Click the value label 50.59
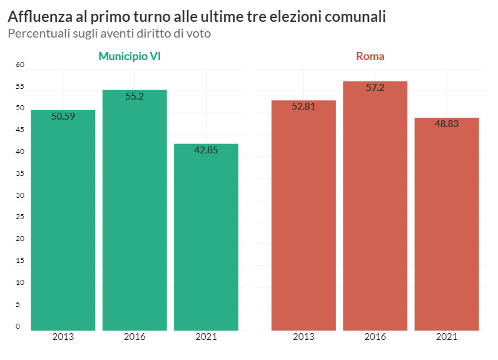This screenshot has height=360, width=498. point(63,116)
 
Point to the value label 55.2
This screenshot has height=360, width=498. point(135,96)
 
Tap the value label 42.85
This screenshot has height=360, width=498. point(206,150)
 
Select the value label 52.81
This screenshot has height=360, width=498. point(303,106)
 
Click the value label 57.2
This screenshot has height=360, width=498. point(375,88)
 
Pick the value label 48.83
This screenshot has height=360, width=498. point(447,124)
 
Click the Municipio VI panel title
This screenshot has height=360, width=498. point(130,56)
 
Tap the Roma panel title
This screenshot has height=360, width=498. point(370,56)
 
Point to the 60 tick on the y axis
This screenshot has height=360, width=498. point(19,64)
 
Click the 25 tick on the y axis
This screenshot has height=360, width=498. point(19,217)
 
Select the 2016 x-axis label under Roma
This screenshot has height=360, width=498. point(375,337)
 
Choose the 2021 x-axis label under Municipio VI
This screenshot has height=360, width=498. point(206,337)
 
